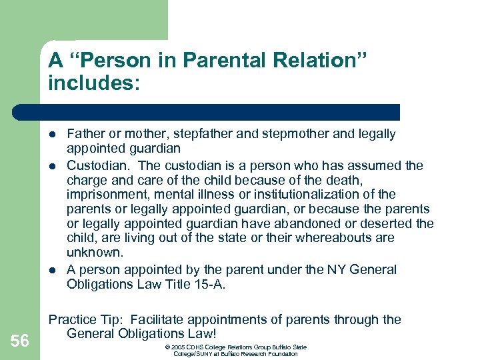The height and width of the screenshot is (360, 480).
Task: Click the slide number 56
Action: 19,341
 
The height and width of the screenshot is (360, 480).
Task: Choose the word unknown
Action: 95,253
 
